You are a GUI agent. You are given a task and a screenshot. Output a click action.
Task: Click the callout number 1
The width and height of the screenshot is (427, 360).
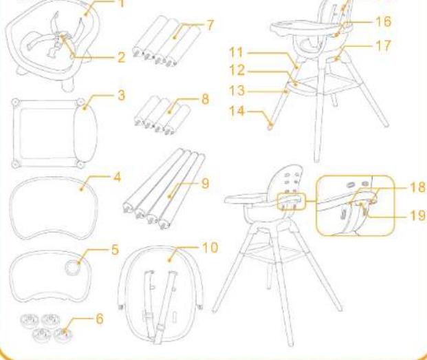point(122,3)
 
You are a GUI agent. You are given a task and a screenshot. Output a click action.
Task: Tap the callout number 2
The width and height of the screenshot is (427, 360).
point(122,58)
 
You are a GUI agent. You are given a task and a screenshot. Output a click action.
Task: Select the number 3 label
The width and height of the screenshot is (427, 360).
point(122,96)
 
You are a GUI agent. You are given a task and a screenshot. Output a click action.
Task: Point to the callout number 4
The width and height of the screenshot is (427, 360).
point(117,177)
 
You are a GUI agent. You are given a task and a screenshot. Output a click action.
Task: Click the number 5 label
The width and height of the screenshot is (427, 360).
point(116,249)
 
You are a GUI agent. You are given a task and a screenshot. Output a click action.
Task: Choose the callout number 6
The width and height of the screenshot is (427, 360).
point(100,318)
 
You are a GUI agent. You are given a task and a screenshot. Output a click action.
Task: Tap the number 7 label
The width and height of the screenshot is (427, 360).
point(210,25)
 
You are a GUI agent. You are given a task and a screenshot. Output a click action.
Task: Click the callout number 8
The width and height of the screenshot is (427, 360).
point(206,99)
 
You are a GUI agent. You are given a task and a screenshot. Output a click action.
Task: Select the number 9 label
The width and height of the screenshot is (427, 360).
point(206,183)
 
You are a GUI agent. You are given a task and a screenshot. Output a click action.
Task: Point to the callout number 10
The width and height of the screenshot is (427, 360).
point(210,248)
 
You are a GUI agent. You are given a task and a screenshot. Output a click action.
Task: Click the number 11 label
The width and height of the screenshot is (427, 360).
point(237,52)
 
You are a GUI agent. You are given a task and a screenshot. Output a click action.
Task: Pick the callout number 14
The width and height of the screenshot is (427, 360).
point(237,111)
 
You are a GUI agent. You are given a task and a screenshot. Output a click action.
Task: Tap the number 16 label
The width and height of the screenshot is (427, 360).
point(383,21)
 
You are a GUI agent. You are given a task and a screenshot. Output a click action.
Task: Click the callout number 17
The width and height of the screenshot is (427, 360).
point(383,45)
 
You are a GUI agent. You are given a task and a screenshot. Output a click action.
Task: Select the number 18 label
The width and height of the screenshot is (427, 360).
point(417,187)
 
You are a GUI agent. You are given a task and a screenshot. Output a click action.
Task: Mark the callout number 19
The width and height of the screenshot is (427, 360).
point(417,215)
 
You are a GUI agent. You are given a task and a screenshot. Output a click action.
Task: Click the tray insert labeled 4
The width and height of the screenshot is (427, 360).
point(54,208)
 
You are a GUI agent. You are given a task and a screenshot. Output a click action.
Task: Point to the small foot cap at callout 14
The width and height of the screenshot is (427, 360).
point(270,127)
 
